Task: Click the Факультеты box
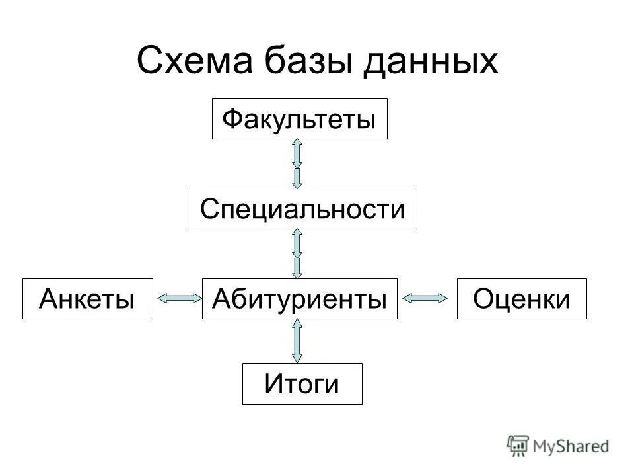click(299, 119)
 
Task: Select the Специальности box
click(302, 209)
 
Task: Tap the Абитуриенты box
click(299, 299)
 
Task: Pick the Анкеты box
click(87, 299)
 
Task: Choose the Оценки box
click(522, 299)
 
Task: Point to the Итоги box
click(302, 383)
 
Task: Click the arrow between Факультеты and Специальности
click(297, 163)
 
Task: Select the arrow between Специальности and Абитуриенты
click(297, 253)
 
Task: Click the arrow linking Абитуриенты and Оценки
click(427, 299)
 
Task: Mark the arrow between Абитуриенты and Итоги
click(297, 340)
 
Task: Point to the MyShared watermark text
click(571, 446)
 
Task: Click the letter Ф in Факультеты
click(232, 120)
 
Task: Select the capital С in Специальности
click(209, 210)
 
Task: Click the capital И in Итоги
click(273, 384)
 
